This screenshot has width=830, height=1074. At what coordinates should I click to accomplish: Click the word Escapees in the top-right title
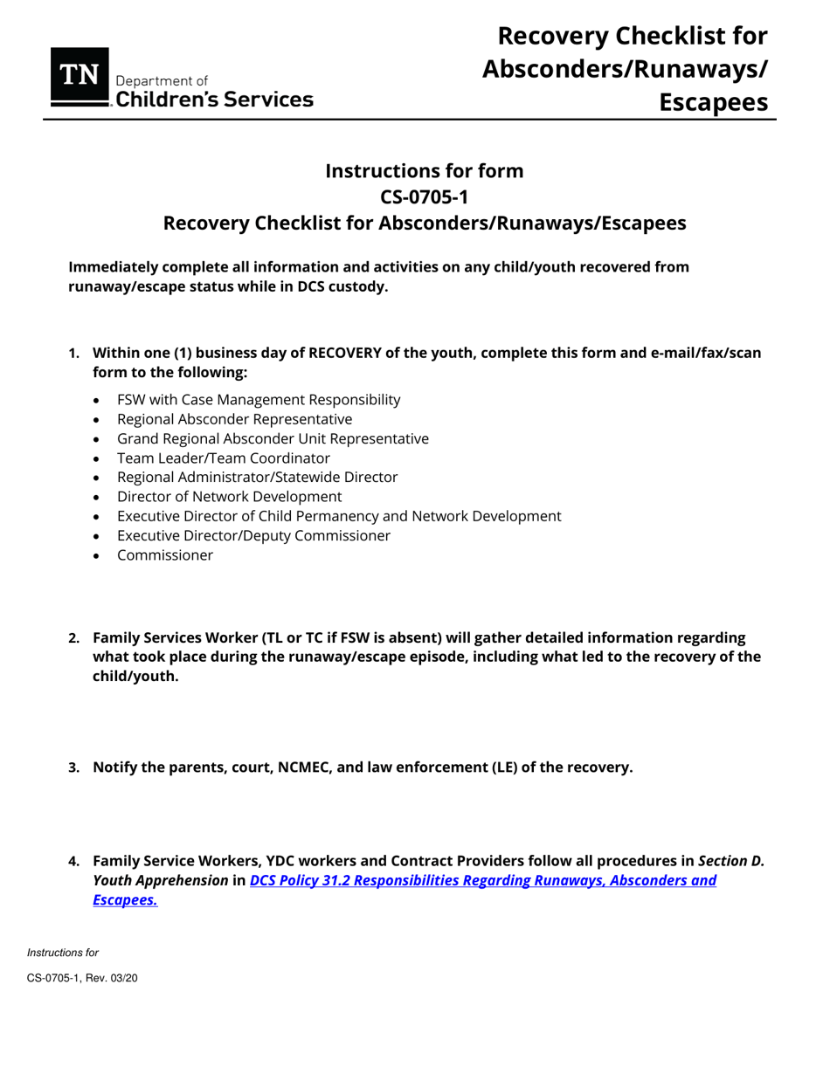click(x=713, y=101)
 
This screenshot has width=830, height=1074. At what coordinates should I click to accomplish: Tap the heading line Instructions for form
click(x=424, y=170)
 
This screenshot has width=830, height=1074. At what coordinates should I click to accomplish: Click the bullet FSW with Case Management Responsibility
click(x=259, y=400)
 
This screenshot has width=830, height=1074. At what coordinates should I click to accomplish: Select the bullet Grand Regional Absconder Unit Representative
click(x=273, y=438)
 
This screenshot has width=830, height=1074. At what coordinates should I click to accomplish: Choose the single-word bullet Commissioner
click(x=164, y=554)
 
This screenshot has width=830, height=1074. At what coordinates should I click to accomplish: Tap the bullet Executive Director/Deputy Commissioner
click(x=253, y=535)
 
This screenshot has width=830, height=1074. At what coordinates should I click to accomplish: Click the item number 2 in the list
click(x=74, y=637)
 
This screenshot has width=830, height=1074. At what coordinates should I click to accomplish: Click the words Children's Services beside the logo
click(x=214, y=99)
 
